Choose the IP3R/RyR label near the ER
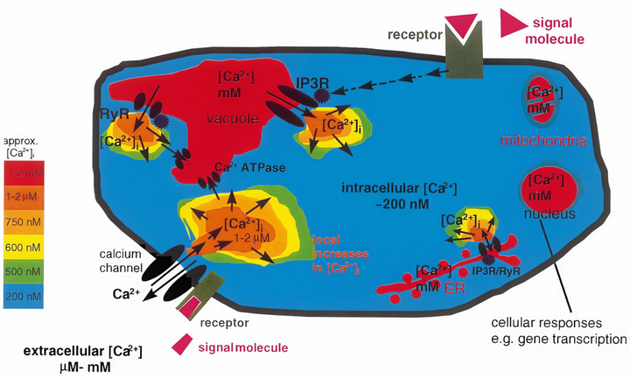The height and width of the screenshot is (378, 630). click(498, 271)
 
